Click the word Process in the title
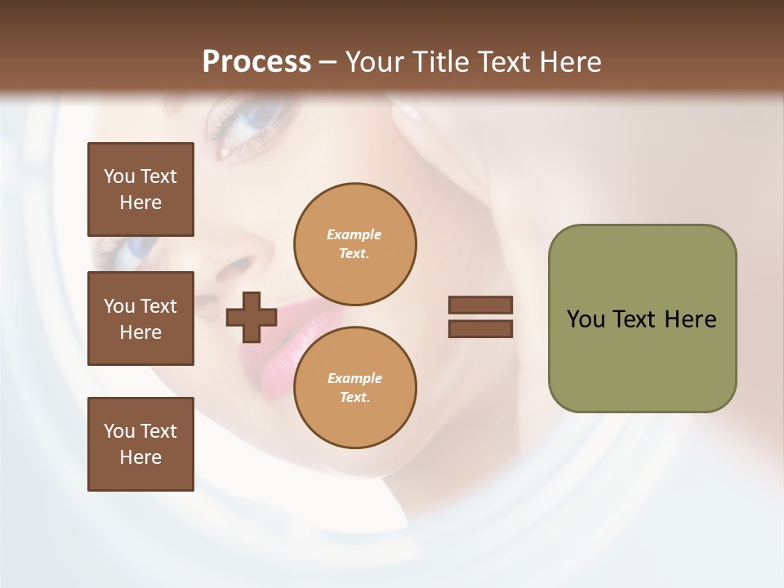tap(256, 62)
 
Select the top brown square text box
tap(140, 189)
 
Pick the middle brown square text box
tap(140, 318)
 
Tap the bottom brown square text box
tap(140, 444)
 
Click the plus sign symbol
tap(252, 317)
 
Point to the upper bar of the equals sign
tap(481, 305)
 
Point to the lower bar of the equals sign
tap(481, 329)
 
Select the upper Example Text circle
tap(354, 244)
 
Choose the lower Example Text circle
tap(354, 388)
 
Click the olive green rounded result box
tap(642, 318)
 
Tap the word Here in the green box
tap(690, 319)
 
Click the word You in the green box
tap(586, 319)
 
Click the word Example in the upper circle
tap(354, 234)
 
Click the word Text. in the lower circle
tap(354, 398)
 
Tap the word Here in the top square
tap(140, 203)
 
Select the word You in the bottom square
tap(119, 431)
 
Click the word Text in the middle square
tap(158, 306)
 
